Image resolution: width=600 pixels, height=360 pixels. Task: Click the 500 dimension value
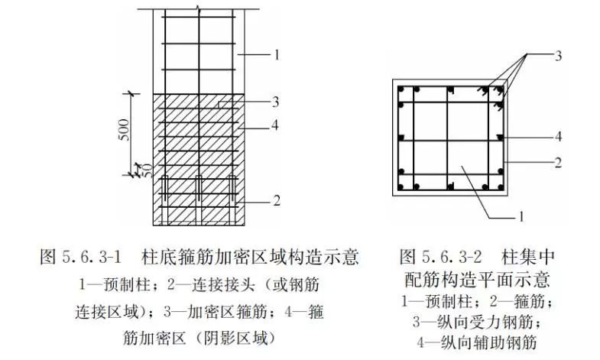pos(125,130)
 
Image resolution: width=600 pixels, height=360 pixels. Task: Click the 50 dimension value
pos(147,170)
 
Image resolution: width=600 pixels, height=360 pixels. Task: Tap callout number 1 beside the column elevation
pos(277,55)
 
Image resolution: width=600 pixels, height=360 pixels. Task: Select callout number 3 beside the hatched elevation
pos(275,102)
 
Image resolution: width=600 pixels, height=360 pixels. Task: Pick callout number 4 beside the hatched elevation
pos(275,125)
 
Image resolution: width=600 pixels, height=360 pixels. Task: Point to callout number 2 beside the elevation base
pos(276,200)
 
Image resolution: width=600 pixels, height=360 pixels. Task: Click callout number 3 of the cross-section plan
pos(558,56)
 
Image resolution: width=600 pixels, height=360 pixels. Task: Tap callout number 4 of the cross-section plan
pos(558,137)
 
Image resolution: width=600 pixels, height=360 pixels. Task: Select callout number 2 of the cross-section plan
pos(558,163)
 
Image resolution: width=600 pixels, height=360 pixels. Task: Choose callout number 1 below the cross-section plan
pos(521,217)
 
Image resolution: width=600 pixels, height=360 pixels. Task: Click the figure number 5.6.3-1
pos(91,257)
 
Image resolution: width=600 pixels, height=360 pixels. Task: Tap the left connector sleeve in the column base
pos(165,189)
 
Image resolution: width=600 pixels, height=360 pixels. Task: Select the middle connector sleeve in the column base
pos(199,189)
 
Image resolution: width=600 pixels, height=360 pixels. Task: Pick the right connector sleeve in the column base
pos(232,189)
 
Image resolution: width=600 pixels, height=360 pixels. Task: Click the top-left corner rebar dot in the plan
pos(401,90)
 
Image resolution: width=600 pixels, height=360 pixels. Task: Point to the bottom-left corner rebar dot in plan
pos(401,187)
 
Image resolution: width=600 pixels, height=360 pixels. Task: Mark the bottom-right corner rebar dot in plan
pos(500,187)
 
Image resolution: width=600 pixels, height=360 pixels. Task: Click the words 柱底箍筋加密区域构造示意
pos(250,257)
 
